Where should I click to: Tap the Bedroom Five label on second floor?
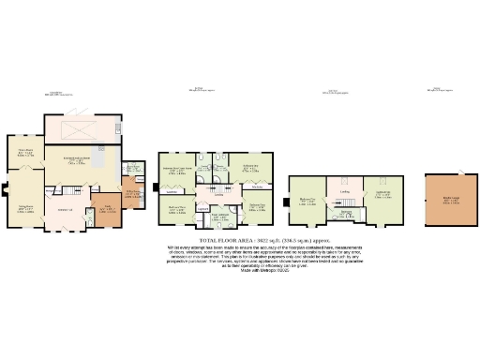click(308, 200)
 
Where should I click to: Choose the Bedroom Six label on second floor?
click(382, 194)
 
